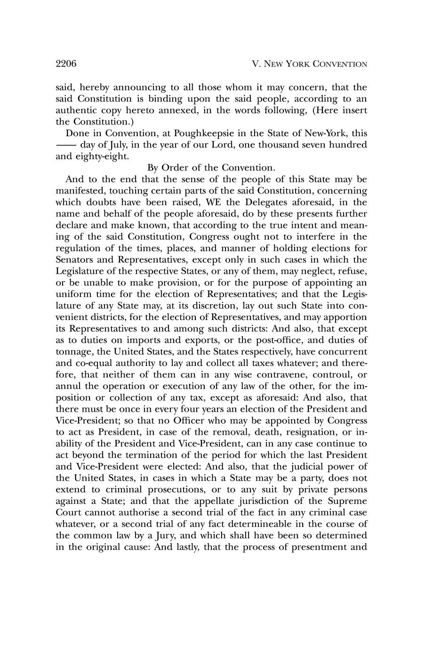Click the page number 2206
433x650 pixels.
(x=66, y=64)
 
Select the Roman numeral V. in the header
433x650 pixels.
(x=256, y=64)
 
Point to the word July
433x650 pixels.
(x=112, y=145)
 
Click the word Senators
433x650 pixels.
(x=75, y=260)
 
